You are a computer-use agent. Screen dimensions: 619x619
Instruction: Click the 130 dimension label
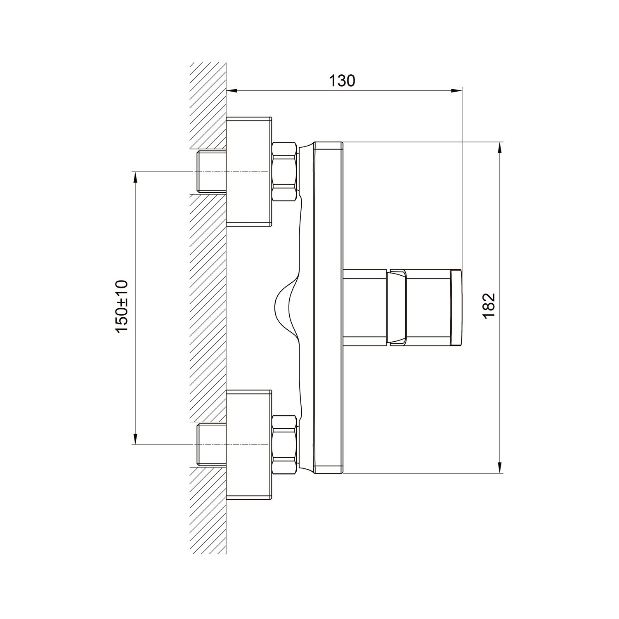pos(342,81)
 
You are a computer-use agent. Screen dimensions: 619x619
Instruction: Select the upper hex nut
pos(285,172)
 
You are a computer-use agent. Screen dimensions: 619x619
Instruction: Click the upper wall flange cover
pos(249,171)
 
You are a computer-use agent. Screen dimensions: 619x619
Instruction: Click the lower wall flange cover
pos(249,444)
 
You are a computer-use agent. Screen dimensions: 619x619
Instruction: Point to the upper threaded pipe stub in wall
pos(212,172)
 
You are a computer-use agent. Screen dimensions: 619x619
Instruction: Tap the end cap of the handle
pos(456,307)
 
